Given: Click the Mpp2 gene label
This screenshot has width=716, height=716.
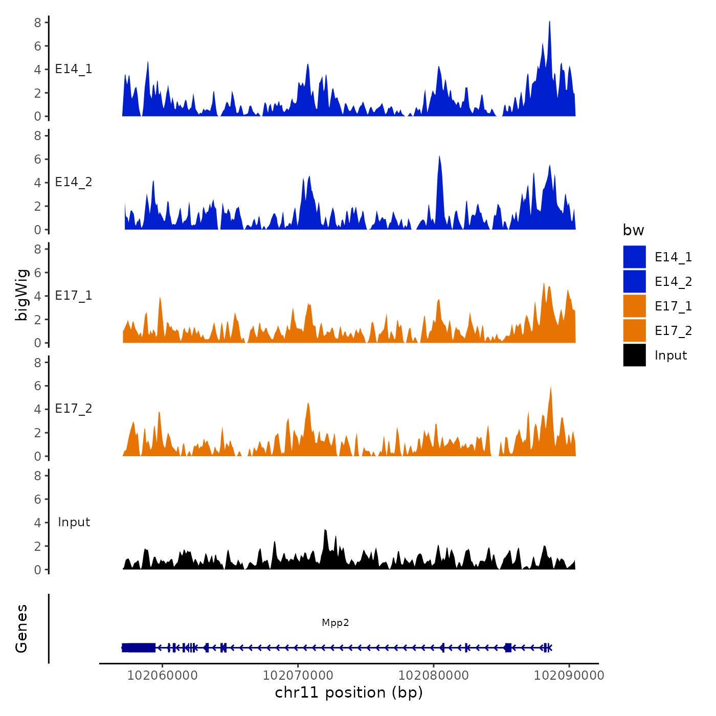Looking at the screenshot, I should (335, 622).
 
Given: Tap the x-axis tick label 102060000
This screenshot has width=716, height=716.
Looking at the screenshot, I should (162, 675).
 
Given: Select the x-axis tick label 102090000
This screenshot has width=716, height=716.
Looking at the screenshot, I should (569, 675).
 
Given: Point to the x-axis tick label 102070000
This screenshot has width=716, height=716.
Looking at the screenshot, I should (298, 675).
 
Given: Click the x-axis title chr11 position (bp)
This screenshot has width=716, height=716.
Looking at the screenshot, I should (349, 692).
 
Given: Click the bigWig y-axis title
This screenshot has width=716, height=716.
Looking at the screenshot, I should (21, 295).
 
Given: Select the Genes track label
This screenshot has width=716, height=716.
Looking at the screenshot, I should (21, 629).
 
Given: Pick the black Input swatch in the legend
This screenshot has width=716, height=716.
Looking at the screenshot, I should (634, 355).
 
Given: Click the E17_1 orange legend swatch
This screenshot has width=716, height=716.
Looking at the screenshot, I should (634, 306).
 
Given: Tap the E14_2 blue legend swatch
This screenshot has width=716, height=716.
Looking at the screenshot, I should (634, 281).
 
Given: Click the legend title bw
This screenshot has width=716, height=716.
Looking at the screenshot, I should (633, 230).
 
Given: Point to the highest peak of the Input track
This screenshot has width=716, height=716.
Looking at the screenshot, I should (325, 531).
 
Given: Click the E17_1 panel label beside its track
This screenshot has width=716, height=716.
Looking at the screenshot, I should (74, 296).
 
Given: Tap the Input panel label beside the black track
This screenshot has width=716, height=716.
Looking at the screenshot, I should (74, 522).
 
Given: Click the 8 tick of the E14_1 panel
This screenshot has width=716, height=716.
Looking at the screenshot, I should (38, 23).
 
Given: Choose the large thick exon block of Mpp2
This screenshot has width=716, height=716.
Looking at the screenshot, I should (139, 647).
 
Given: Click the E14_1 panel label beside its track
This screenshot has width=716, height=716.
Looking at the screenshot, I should (74, 69).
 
